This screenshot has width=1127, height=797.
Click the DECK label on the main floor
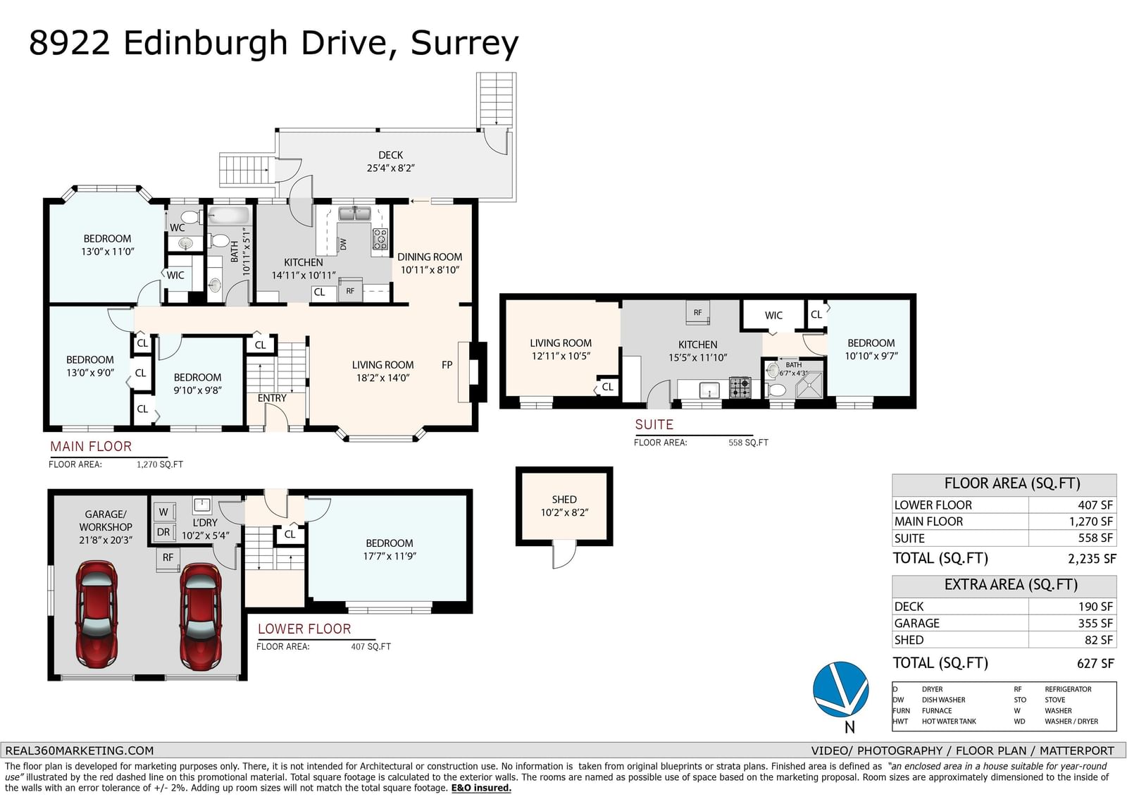(x=390, y=155)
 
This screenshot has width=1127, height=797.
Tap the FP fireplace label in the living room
(x=447, y=365)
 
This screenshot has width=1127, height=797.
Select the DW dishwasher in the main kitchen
(x=343, y=245)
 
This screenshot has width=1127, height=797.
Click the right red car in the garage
(x=201, y=617)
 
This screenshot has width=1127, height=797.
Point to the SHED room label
(x=564, y=500)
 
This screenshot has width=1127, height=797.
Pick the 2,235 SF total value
(x=1092, y=559)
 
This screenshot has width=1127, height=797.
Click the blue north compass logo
(x=841, y=689)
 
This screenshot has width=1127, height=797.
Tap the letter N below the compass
(x=849, y=727)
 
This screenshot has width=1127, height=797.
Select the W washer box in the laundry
(x=164, y=512)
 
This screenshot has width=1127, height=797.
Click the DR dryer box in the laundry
(x=164, y=531)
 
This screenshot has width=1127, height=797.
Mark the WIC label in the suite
(x=773, y=316)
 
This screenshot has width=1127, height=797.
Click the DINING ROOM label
(x=430, y=257)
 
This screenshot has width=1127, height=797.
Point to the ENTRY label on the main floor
(x=272, y=398)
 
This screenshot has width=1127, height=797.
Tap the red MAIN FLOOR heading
(x=91, y=447)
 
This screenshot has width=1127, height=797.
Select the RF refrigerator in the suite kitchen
(x=698, y=313)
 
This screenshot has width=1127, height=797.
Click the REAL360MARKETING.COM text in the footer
(x=79, y=750)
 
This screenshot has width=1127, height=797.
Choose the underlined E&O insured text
(x=481, y=788)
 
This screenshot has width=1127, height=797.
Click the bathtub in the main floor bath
(x=229, y=215)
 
